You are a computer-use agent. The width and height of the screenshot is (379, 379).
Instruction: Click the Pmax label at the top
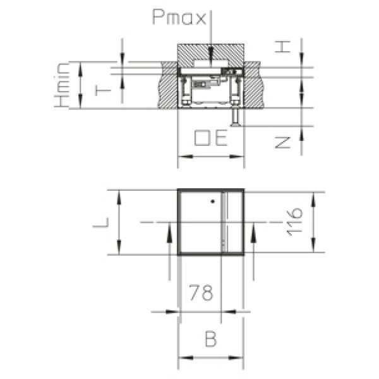tap(179, 18)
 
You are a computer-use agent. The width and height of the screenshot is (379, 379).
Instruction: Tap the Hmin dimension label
tap(62, 85)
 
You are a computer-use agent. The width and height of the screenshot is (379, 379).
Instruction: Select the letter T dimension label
tap(103, 91)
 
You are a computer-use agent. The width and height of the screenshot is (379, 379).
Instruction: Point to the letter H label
tap(282, 47)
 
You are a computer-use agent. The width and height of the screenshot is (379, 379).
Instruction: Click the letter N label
tap(283, 143)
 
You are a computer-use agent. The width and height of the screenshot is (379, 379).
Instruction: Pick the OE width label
tap(211, 138)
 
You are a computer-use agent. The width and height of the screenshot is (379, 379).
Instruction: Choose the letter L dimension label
tap(101, 222)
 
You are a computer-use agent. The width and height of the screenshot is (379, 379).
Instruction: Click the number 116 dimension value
tap(294, 222)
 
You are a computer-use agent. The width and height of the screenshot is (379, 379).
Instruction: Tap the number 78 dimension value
tap(201, 292)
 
